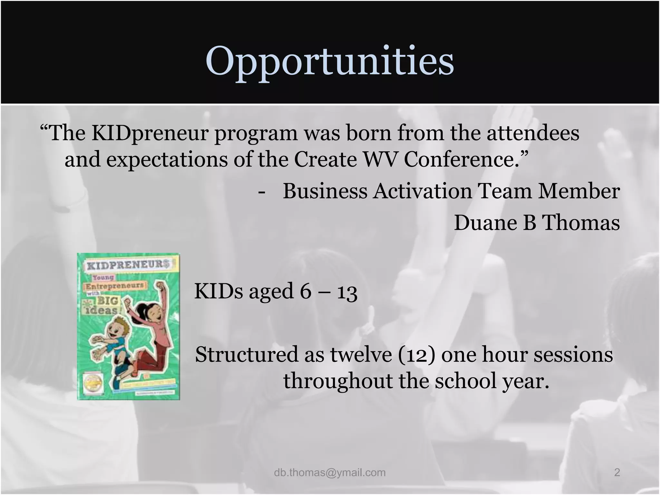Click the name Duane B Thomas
[537, 223]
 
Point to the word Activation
[422, 191]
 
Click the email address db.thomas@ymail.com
[330, 472]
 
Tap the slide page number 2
[617, 472]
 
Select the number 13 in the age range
[347, 292]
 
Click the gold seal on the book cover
[92, 384]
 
